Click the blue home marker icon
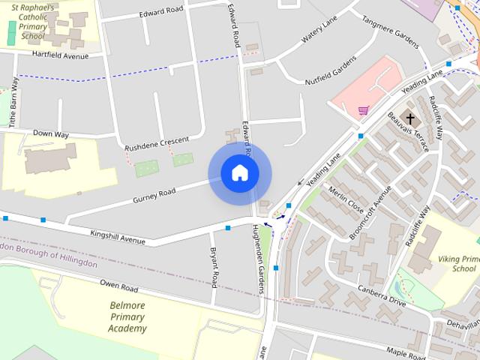239,173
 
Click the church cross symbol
410,118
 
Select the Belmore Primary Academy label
127,316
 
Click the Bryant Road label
214,267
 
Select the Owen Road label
120,286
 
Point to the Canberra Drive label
382,295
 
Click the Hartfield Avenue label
60,55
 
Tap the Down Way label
51,134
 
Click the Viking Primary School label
459,263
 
